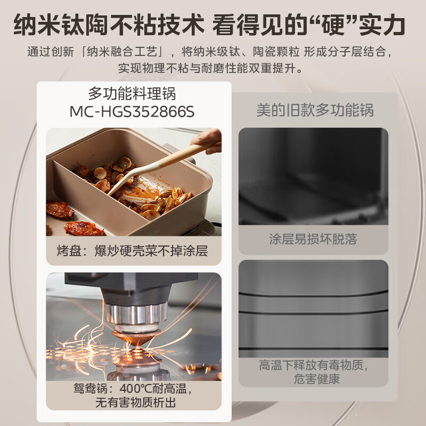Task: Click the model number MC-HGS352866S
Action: click(x=132, y=112)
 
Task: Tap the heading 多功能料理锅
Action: click(x=132, y=94)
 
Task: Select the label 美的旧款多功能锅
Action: click(x=315, y=110)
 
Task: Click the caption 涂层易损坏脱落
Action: click(x=313, y=239)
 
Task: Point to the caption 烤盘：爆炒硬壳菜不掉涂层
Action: click(x=133, y=250)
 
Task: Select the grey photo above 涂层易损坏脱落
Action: click(x=313, y=176)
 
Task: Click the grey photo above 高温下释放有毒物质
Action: click(x=313, y=308)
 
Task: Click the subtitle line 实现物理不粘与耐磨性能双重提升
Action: click(x=212, y=68)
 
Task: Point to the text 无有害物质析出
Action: click(x=133, y=403)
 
